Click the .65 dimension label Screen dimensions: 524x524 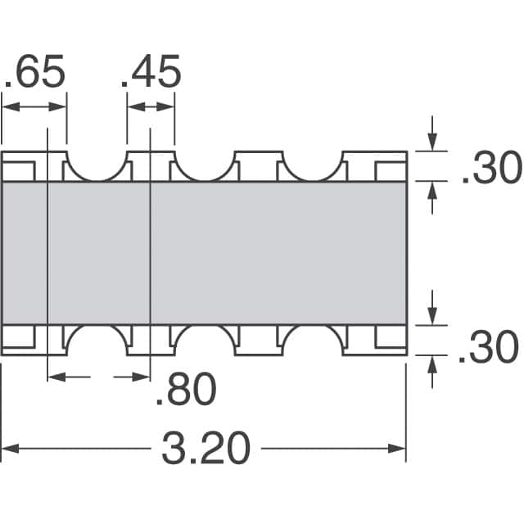click(34, 74)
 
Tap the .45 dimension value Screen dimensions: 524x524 click(151, 74)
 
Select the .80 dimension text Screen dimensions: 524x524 click(187, 391)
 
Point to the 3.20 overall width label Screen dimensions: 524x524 click(204, 449)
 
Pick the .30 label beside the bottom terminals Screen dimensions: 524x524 click(488, 347)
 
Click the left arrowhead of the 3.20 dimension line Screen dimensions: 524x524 click(8, 448)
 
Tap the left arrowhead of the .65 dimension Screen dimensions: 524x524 click(8, 106)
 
